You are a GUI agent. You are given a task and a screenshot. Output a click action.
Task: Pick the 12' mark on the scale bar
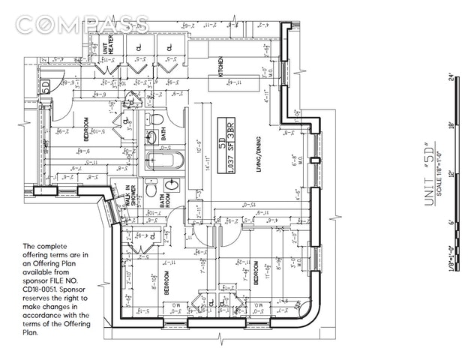(x=451, y=174)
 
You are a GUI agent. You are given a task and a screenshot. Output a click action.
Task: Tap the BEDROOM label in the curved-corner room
(x=256, y=274)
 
